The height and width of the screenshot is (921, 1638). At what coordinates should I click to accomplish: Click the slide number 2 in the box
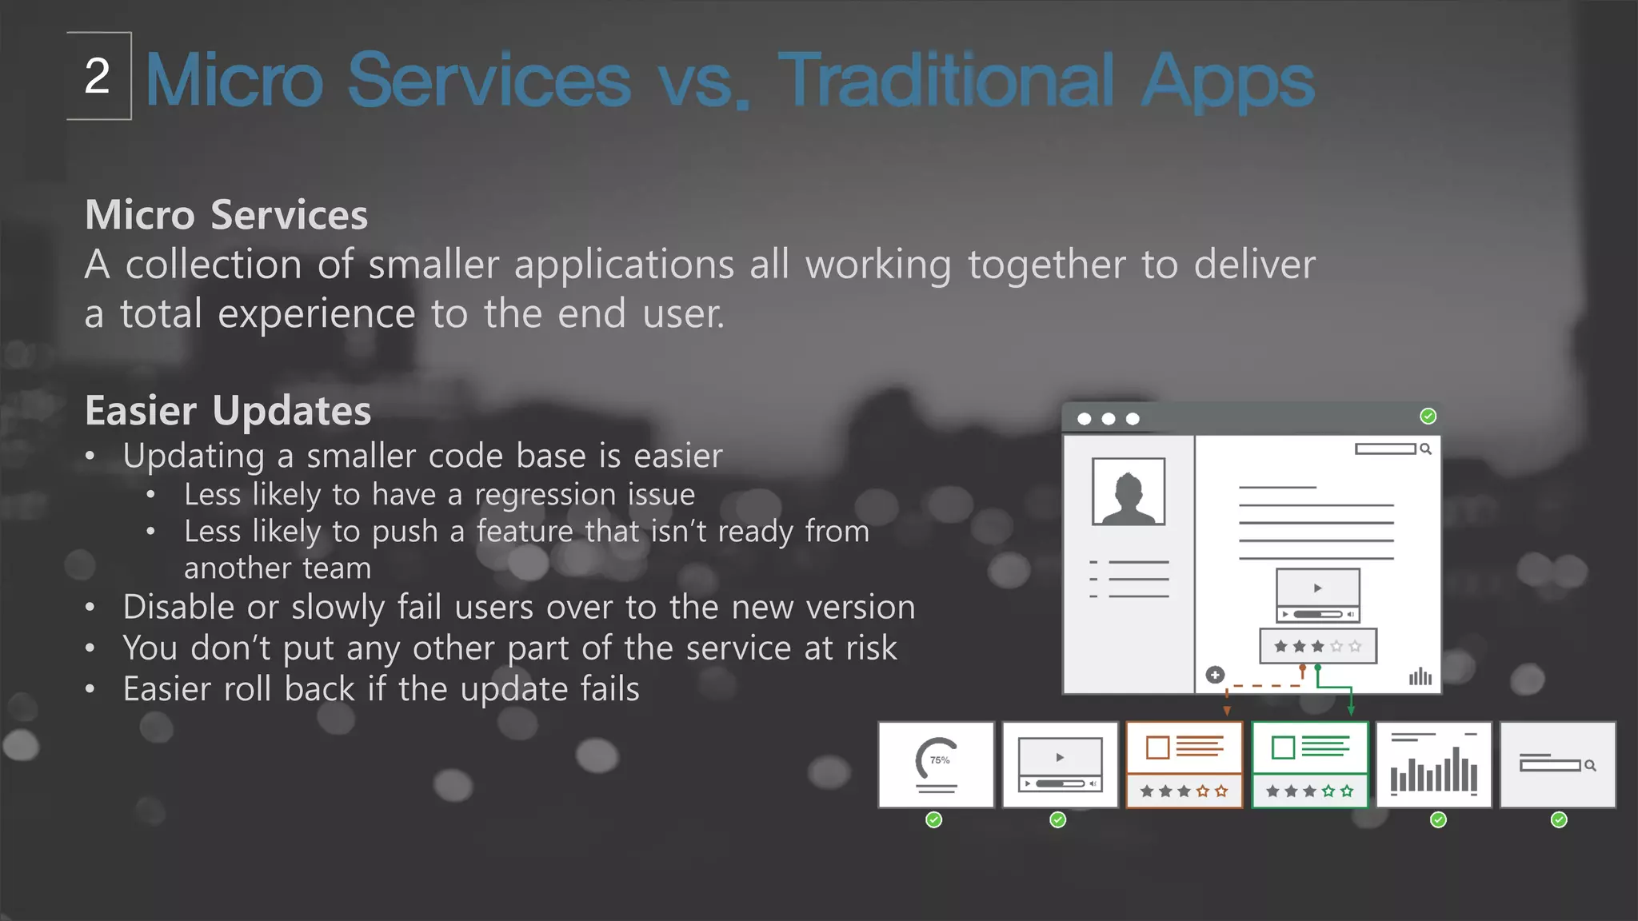click(98, 77)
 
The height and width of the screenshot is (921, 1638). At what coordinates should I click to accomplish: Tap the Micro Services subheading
click(226, 215)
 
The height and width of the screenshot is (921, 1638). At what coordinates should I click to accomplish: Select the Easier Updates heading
click(228, 411)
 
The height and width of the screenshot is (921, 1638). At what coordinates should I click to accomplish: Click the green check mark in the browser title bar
click(1428, 417)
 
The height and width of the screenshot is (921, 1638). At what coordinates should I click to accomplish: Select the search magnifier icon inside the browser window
click(1425, 449)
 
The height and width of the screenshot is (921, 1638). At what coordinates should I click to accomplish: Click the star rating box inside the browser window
click(1317, 646)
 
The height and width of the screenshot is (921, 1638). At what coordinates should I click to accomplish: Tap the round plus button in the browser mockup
click(1215, 675)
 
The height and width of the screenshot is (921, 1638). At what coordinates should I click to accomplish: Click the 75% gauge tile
click(936, 765)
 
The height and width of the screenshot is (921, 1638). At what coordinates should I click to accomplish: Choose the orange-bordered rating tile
click(1184, 765)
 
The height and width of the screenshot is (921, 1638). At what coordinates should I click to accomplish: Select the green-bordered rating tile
click(1309, 765)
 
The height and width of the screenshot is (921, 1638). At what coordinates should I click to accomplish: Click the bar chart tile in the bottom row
click(1433, 765)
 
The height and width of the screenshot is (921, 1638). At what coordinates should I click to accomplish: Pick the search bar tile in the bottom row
click(1557, 765)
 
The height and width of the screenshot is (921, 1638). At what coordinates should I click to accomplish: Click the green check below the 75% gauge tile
click(933, 819)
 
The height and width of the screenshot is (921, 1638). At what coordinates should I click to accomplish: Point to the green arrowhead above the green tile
click(1351, 710)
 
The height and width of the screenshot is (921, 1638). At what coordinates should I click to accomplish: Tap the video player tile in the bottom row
click(1060, 765)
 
